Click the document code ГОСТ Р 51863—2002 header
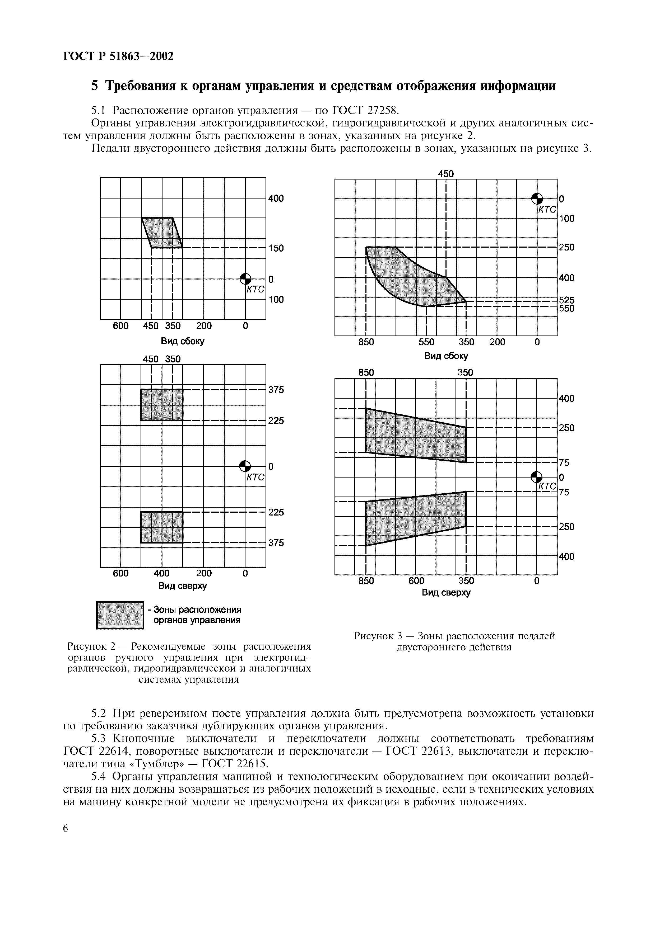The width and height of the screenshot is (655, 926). coord(118,56)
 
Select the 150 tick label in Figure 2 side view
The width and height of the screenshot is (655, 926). coord(276,248)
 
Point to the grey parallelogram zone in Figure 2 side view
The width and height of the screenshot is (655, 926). coord(162,233)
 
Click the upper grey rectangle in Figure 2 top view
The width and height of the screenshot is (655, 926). coord(161,404)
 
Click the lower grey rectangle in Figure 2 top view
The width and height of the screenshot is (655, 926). coord(161,527)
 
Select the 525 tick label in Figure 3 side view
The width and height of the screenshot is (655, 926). coord(566,300)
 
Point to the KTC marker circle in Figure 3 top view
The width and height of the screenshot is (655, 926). coord(536,477)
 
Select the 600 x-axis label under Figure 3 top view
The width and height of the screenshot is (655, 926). coord(416,581)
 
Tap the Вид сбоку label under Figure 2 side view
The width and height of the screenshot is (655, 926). coord(182,341)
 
